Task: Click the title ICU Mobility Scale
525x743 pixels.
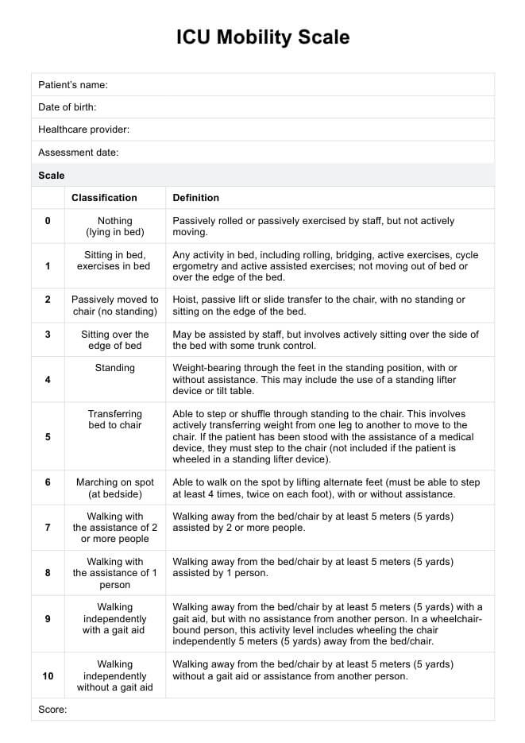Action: click(x=263, y=37)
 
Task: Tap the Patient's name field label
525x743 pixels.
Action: click(x=73, y=85)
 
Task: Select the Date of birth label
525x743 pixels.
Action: click(x=68, y=107)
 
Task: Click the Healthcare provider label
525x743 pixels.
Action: click(x=83, y=130)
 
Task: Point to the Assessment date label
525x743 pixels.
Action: click(x=79, y=152)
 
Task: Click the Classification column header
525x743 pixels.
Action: click(x=104, y=198)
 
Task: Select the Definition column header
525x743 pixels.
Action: click(x=196, y=198)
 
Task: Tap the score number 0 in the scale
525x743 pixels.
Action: click(x=48, y=221)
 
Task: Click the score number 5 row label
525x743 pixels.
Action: click(x=48, y=437)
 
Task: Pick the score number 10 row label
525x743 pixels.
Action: click(x=48, y=675)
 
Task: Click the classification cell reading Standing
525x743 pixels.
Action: click(x=115, y=369)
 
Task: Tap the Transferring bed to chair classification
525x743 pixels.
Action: click(x=115, y=420)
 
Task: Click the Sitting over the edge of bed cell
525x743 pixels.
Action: click(x=115, y=340)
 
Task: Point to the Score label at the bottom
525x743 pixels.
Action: click(x=52, y=710)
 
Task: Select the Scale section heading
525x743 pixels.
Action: click(x=52, y=175)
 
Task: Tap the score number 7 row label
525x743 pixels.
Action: click(x=48, y=528)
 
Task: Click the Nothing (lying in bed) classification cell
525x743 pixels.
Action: click(x=115, y=226)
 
